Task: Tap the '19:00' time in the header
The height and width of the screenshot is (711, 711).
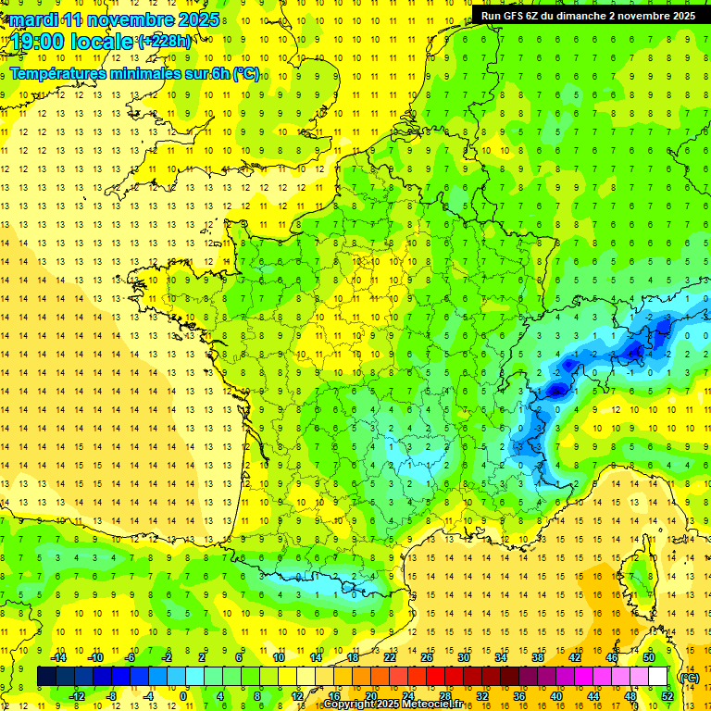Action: (36, 43)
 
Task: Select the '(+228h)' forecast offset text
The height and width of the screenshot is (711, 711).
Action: (165, 41)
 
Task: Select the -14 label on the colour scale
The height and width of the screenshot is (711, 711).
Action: (58, 657)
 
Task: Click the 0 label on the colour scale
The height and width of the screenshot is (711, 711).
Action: (183, 695)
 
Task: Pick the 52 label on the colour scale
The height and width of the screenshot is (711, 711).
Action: (667, 695)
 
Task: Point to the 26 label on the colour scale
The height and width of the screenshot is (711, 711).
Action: (427, 657)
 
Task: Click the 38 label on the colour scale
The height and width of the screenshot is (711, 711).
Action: (537, 657)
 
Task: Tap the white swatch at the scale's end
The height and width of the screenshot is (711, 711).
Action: (658, 677)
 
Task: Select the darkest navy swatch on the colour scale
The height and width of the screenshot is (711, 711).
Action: (46, 677)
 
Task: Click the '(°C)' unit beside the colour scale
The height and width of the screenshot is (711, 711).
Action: (689, 677)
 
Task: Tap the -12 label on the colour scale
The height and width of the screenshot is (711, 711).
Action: (77, 695)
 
